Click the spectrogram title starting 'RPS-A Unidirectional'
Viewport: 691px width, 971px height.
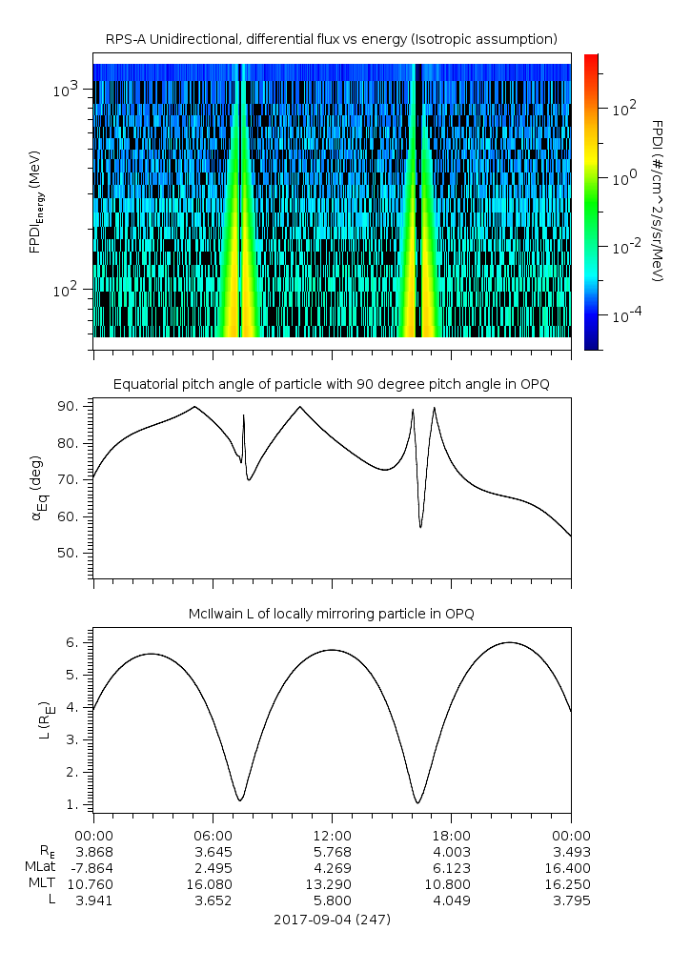click(x=332, y=38)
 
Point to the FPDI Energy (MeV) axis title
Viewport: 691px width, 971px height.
click(x=34, y=201)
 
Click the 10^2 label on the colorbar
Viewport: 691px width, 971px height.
click(x=622, y=110)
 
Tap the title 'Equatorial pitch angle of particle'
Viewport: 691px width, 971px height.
click(x=332, y=384)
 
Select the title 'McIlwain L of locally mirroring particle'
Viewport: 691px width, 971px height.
click(x=332, y=614)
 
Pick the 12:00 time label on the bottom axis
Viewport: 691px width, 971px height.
click(x=332, y=834)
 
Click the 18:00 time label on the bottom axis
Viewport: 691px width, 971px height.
click(x=451, y=834)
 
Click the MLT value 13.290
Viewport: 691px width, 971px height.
click(x=332, y=884)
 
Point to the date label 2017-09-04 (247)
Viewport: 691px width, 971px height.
click(x=332, y=920)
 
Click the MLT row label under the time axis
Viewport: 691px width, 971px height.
click(x=38, y=884)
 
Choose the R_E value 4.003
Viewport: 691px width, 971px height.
click(x=451, y=852)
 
